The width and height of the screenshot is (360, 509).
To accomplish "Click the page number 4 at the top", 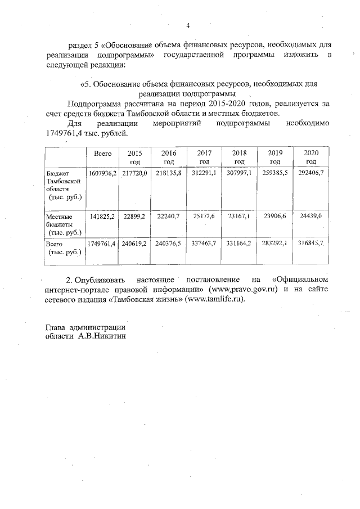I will (188, 25).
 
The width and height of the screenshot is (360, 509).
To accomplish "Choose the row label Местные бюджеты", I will (63, 224).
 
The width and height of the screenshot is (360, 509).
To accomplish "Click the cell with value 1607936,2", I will (102, 174).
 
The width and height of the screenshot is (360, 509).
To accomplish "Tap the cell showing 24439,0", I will (311, 216).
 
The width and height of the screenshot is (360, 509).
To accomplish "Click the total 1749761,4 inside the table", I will (102, 244).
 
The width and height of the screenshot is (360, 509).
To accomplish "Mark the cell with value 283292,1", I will (275, 244).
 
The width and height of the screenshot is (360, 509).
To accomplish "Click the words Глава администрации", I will (85, 327).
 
